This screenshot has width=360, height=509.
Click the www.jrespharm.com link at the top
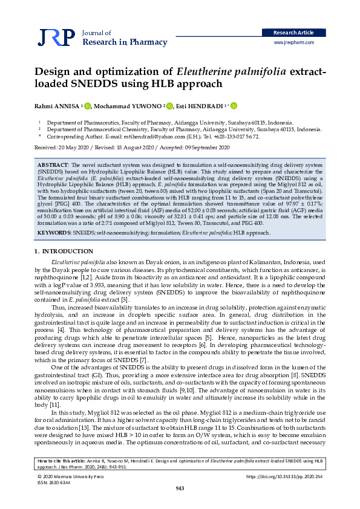tap(294, 43)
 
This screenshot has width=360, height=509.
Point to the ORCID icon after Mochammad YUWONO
tap(169, 106)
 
